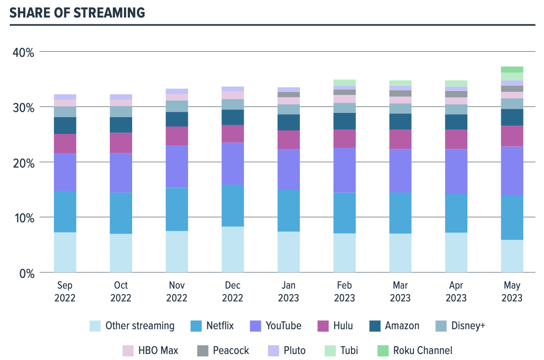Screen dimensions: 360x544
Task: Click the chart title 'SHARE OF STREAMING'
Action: [77, 13]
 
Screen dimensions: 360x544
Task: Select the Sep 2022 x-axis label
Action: [65, 292]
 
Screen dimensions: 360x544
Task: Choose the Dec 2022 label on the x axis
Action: [233, 292]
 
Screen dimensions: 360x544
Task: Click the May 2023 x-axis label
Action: [512, 292]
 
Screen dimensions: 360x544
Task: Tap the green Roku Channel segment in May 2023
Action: [512, 69]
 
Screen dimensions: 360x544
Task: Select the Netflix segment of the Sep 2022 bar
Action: [65, 211]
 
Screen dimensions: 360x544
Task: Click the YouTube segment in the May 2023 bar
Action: [512, 171]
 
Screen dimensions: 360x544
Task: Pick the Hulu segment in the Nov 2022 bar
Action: [177, 136]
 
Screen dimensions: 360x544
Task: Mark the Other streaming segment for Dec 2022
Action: [233, 249]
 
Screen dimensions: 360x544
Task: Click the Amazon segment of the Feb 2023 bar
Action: [344, 121]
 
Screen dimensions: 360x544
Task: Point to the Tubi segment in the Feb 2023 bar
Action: [344, 83]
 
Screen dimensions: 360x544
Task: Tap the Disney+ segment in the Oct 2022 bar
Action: [121, 112]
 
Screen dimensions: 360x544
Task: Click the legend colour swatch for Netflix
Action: [196, 326]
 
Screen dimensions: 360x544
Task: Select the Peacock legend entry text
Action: [231, 351]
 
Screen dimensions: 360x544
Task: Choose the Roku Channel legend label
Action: [423, 351]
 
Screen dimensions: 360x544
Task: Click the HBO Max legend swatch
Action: [128, 351]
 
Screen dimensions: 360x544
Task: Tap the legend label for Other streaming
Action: [140, 326]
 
